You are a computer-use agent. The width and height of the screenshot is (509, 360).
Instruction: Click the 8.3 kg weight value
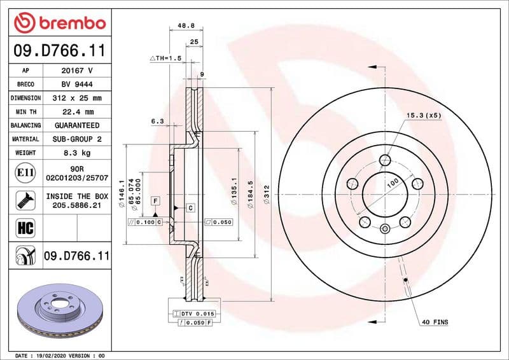tap(76, 153)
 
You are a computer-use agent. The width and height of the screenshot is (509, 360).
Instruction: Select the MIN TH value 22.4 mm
tap(76, 112)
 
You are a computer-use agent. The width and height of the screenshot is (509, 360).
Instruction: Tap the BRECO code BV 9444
tap(76, 84)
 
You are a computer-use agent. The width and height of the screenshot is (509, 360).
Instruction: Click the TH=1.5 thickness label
tap(166, 58)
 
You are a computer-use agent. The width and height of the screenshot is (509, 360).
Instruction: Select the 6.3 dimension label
tap(157, 120)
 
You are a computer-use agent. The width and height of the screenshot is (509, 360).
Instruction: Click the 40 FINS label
tap(435, 322)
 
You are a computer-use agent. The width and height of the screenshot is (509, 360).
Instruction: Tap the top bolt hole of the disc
tap(384, 160)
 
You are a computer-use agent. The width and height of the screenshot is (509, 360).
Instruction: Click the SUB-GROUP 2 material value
tap(76, 139)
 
